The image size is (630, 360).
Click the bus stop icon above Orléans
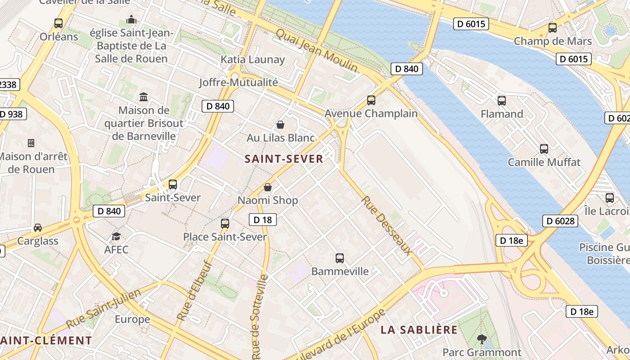point(58,23)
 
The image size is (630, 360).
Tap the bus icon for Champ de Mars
point(553,27)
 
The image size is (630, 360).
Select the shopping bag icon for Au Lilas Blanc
point(280,124)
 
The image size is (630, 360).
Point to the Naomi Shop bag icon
point(268,187)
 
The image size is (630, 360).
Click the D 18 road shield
point(263,220)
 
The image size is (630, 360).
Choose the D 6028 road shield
point(560,221)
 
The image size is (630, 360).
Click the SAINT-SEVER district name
point(284,159)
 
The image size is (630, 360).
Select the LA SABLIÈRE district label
point(419,330)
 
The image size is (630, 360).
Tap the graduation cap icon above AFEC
point(117,236)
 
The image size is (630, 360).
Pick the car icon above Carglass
point(38,228)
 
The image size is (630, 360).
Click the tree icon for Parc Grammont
point(481,339)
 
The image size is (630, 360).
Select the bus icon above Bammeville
point(340,258)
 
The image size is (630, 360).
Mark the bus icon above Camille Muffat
point(544,148)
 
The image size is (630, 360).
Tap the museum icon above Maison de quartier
point(144,97)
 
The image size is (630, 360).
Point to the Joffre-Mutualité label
point(238,82)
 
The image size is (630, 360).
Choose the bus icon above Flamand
point(502,101)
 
